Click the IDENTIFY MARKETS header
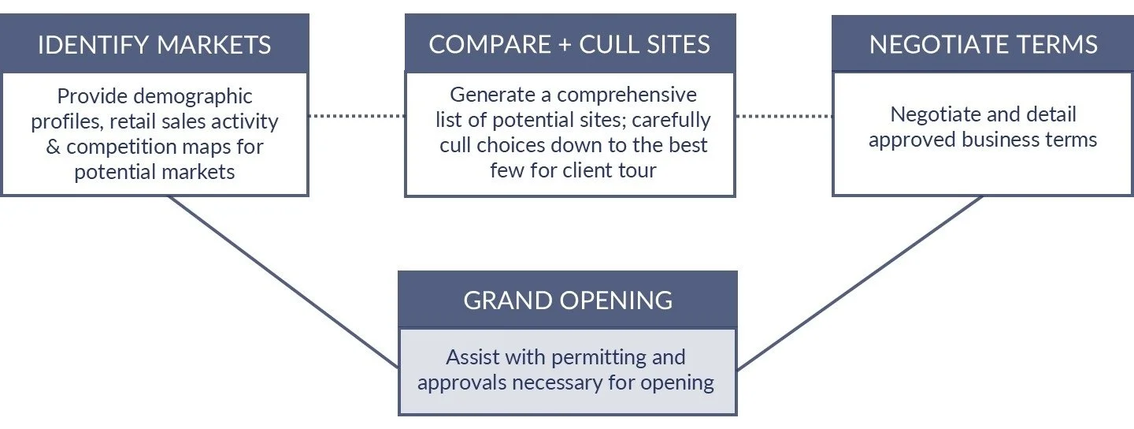click(154, 44)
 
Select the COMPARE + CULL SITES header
click(569, 44)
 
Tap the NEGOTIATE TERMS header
click(983, 44)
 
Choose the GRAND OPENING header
click(568, 300)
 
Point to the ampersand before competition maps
click(54, 147)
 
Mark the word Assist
click(473, 357)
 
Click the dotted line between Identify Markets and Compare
click(356, 116)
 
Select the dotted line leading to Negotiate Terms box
click(783, 116)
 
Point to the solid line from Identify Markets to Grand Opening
click(283, 282)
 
